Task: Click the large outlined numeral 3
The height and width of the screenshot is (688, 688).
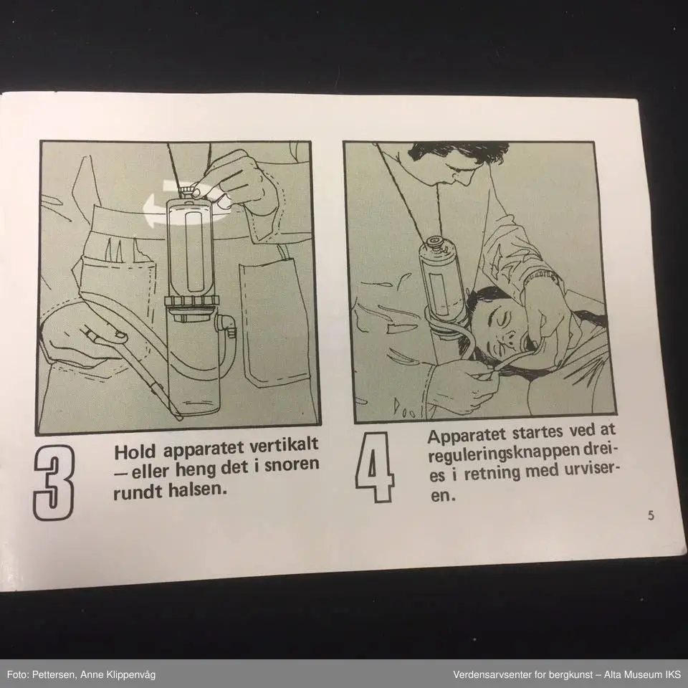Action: (x=54, y=482)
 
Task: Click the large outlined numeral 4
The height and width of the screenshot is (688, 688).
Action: (x=374, y=467)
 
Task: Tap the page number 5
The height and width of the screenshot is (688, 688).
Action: (x=651, y=515)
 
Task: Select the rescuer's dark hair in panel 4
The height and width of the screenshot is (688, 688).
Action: (x=457, y=152)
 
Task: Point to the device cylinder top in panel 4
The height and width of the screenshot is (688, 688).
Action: (x=435, y=244)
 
